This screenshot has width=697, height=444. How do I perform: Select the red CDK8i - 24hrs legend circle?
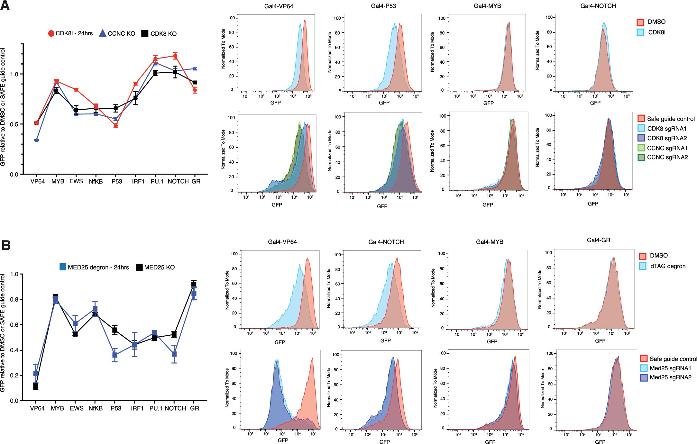point(51,33)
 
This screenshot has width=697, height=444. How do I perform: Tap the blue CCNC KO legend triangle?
point(103,33)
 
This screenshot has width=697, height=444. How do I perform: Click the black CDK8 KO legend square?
point(145,33)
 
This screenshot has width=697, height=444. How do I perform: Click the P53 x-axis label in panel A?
point(117,182)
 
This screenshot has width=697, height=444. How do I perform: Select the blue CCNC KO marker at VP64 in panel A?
point(36,140)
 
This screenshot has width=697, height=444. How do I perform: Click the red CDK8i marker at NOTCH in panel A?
point(175,56)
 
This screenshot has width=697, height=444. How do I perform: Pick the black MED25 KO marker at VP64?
point(36,386)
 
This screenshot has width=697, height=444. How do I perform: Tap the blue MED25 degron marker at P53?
point(115,355)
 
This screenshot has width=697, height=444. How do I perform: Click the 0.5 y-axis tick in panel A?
point(14,124)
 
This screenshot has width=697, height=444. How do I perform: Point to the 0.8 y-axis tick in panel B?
point(14,299)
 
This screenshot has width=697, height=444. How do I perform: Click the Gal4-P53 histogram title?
point(383,6)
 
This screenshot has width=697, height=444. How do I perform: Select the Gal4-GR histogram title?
point(598,240)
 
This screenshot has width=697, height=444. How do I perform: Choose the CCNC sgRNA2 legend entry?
point(667,158)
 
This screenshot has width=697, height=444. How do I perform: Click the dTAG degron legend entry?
point(667,266)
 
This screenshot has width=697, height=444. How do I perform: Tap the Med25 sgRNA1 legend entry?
point(670,368)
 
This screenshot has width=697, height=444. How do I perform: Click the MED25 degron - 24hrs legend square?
point(63,267)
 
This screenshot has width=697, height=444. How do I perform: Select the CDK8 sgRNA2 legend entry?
point(666,138)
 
